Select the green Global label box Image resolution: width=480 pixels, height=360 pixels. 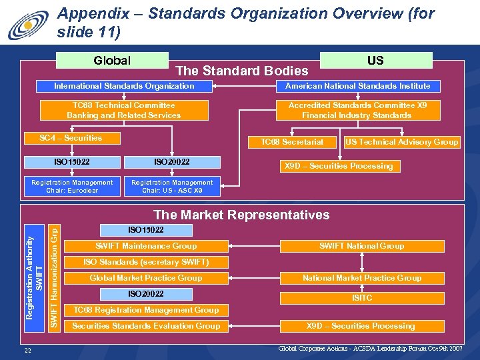112,61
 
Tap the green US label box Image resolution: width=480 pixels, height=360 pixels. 375,61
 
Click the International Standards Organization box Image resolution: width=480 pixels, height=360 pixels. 124,86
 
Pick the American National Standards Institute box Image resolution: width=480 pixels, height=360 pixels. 357,86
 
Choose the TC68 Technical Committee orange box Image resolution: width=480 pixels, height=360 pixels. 124,110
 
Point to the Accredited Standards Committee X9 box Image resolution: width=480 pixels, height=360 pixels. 357,110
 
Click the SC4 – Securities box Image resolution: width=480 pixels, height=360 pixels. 71,138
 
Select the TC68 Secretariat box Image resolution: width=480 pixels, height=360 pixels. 292,142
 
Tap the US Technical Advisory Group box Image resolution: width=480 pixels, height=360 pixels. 401,142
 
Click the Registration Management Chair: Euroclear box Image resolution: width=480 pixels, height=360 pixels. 72,186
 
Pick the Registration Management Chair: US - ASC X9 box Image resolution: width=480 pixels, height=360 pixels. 172,186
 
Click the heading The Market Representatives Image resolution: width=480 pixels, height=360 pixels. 241,215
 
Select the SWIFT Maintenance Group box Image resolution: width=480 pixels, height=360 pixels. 146,246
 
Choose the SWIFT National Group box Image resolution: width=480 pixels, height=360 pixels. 361,246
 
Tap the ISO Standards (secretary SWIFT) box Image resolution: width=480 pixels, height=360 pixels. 146,262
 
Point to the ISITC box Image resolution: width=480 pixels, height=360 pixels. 361,298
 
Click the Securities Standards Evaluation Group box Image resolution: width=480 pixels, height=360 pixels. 146,326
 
